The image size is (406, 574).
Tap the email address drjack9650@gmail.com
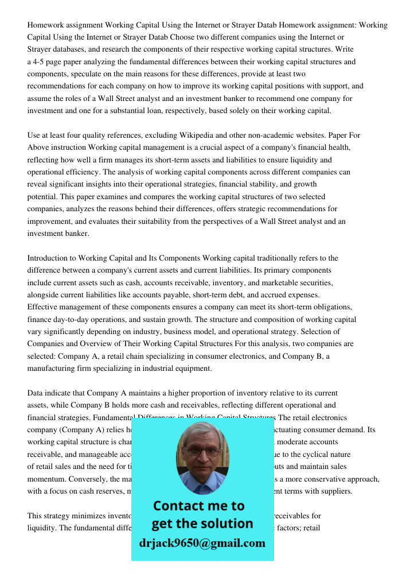202,542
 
